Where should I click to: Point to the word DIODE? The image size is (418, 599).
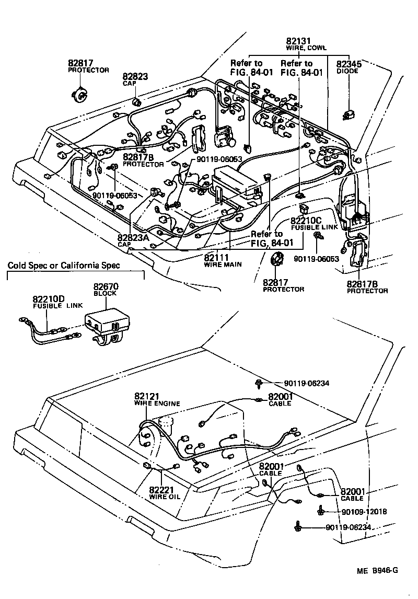(347, 71)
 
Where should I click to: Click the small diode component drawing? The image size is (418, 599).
(346, 114)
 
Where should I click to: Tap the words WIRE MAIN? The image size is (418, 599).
(223, 264)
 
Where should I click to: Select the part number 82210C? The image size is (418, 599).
(308, 221)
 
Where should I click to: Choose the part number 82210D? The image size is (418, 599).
(49, 299)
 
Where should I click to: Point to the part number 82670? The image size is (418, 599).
(106, 286)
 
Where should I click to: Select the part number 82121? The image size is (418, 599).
(147, 396)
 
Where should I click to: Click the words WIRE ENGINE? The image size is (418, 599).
(157, 404)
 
